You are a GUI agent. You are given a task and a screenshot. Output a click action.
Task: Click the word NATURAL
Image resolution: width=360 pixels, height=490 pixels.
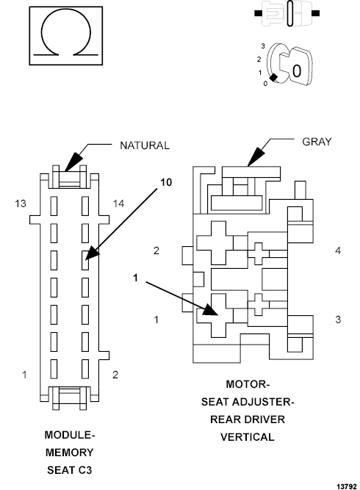point(145,145)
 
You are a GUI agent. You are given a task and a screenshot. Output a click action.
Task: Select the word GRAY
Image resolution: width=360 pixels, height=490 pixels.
point(317,140)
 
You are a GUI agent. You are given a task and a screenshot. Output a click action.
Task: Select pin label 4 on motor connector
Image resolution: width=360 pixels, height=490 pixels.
point(338,251)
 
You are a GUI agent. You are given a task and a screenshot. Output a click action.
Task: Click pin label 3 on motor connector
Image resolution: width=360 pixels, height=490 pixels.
point(338,320)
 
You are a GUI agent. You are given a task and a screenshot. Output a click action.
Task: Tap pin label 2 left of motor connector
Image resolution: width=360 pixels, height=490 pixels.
point(156,251)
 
